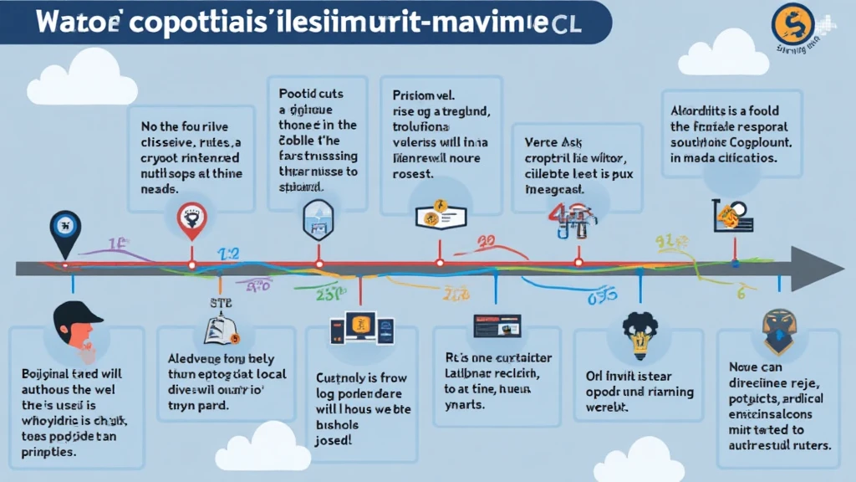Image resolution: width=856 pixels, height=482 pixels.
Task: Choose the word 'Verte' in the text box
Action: tap(543, 141)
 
